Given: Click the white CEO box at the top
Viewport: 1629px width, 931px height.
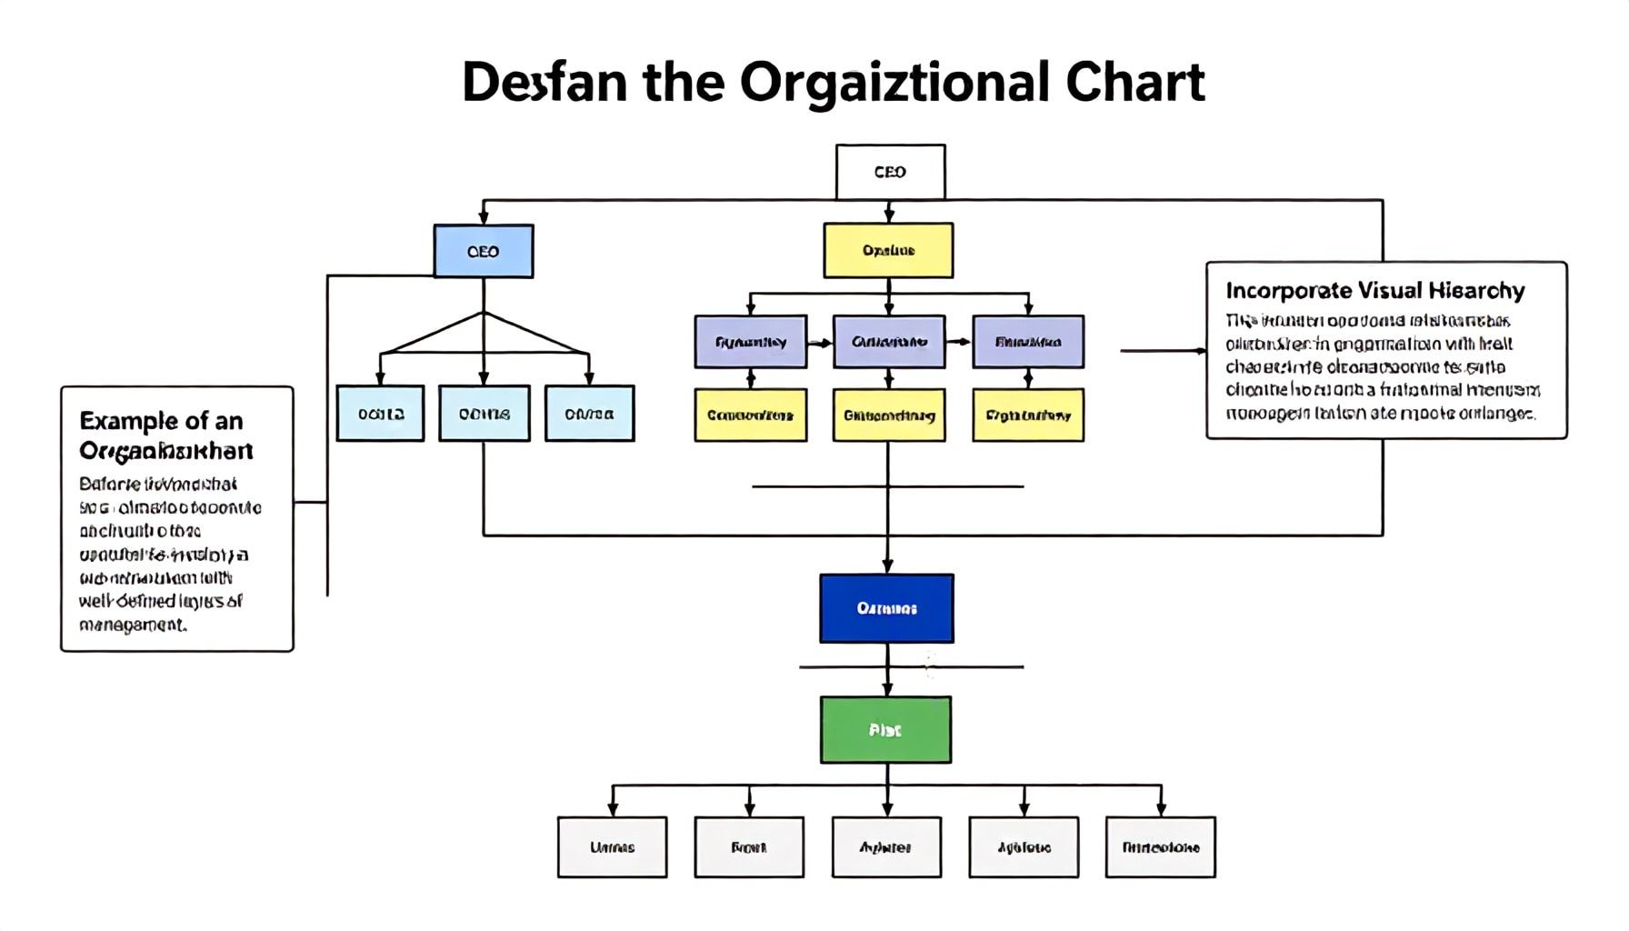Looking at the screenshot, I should pos(890,172).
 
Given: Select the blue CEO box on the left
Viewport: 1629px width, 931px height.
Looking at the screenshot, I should pos(484,251).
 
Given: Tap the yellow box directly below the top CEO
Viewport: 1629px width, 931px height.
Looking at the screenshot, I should pos(888,250).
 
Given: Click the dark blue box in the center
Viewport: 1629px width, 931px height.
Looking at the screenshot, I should pos(886,608).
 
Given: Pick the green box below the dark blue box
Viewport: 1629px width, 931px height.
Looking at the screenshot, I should pos(885,729).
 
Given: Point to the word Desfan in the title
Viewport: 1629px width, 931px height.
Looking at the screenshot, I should pos(544,82).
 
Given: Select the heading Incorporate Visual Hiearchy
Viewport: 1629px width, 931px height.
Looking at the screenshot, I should pos(1374,291).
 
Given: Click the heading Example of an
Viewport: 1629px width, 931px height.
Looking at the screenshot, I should pos(161,421).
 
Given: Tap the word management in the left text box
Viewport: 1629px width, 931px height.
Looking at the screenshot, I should pos(132,625).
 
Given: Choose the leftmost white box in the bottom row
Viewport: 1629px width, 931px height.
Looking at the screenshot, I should pos(612,846).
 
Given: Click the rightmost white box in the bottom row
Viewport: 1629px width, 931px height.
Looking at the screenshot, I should pos(1160,846).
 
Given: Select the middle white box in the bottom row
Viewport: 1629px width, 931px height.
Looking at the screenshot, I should pos(886,846).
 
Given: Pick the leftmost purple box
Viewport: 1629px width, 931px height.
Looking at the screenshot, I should pos(750,342).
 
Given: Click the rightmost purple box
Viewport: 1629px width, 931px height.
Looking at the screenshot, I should pos(1028,342).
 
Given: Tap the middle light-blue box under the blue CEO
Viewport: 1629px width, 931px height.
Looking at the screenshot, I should pos(484,414).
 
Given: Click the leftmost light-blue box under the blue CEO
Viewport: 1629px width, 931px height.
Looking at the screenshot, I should pos(380,414).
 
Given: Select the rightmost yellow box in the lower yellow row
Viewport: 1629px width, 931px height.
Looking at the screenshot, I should pos(1028,415).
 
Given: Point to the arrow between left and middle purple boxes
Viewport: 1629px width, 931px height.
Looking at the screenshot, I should pos(820,343).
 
